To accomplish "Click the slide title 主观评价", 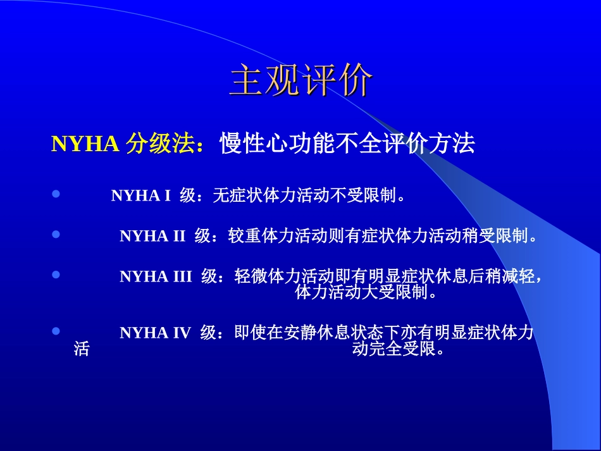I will [x=300, y=81].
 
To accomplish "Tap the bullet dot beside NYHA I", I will [x=56, y=195].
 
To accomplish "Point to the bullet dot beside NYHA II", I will [x=56, y=235].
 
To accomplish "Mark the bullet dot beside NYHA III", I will [x=56, y=275].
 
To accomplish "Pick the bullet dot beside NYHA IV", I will [x=56, y=331].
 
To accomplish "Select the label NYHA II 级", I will [x=164, y=237].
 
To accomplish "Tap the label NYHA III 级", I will [x=168, y=276].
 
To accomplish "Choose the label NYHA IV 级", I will [x=168, y=333].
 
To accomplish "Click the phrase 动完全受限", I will [x=399, y=349].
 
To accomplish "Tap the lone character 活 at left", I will [x=82, y=349].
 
